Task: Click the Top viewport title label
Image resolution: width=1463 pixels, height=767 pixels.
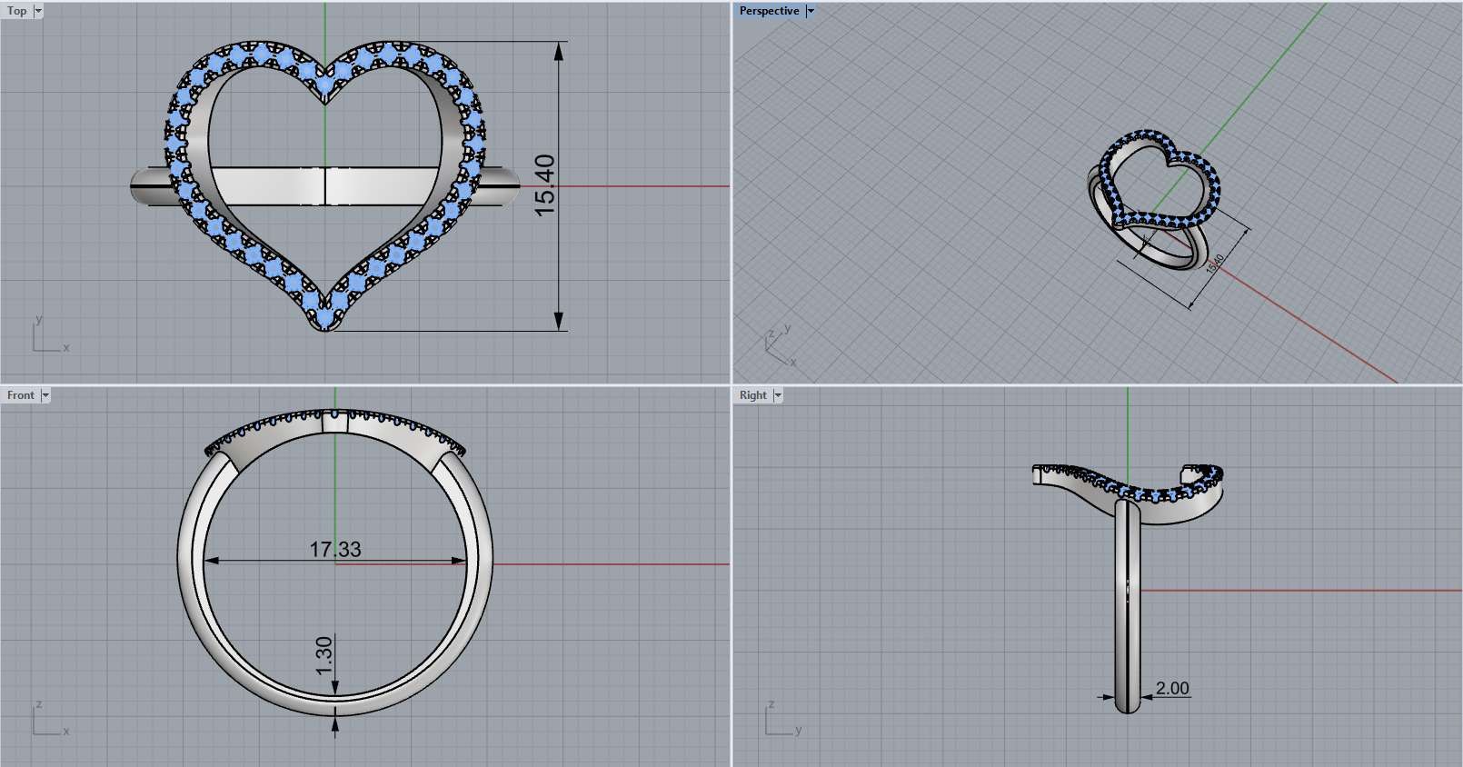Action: [17, 11]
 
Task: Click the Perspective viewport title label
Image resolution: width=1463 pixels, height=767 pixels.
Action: [769, 11]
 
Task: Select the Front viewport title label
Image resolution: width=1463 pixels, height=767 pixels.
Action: [20, 395]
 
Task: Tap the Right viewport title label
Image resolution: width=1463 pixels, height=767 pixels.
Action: [752, 395]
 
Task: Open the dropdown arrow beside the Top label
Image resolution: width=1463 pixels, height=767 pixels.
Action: [38, 11]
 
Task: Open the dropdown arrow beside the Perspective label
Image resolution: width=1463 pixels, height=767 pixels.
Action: [811, 11]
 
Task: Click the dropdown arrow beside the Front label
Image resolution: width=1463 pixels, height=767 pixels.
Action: [45, 395]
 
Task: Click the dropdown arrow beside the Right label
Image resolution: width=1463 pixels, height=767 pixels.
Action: [778, 395]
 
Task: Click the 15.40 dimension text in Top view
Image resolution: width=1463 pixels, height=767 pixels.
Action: [544, 185]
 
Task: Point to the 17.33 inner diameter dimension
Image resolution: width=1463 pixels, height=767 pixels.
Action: [335, 549]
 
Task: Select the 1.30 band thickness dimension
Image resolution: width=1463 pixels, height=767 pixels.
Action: [324, 655]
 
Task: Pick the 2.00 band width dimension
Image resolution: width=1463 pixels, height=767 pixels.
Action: [1172, 688]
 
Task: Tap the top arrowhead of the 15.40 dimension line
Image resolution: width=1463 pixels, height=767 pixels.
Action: [559, 51]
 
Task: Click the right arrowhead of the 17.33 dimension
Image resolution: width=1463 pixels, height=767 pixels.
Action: [459, 561]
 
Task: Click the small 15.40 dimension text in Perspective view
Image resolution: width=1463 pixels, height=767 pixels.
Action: [1215, 263]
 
